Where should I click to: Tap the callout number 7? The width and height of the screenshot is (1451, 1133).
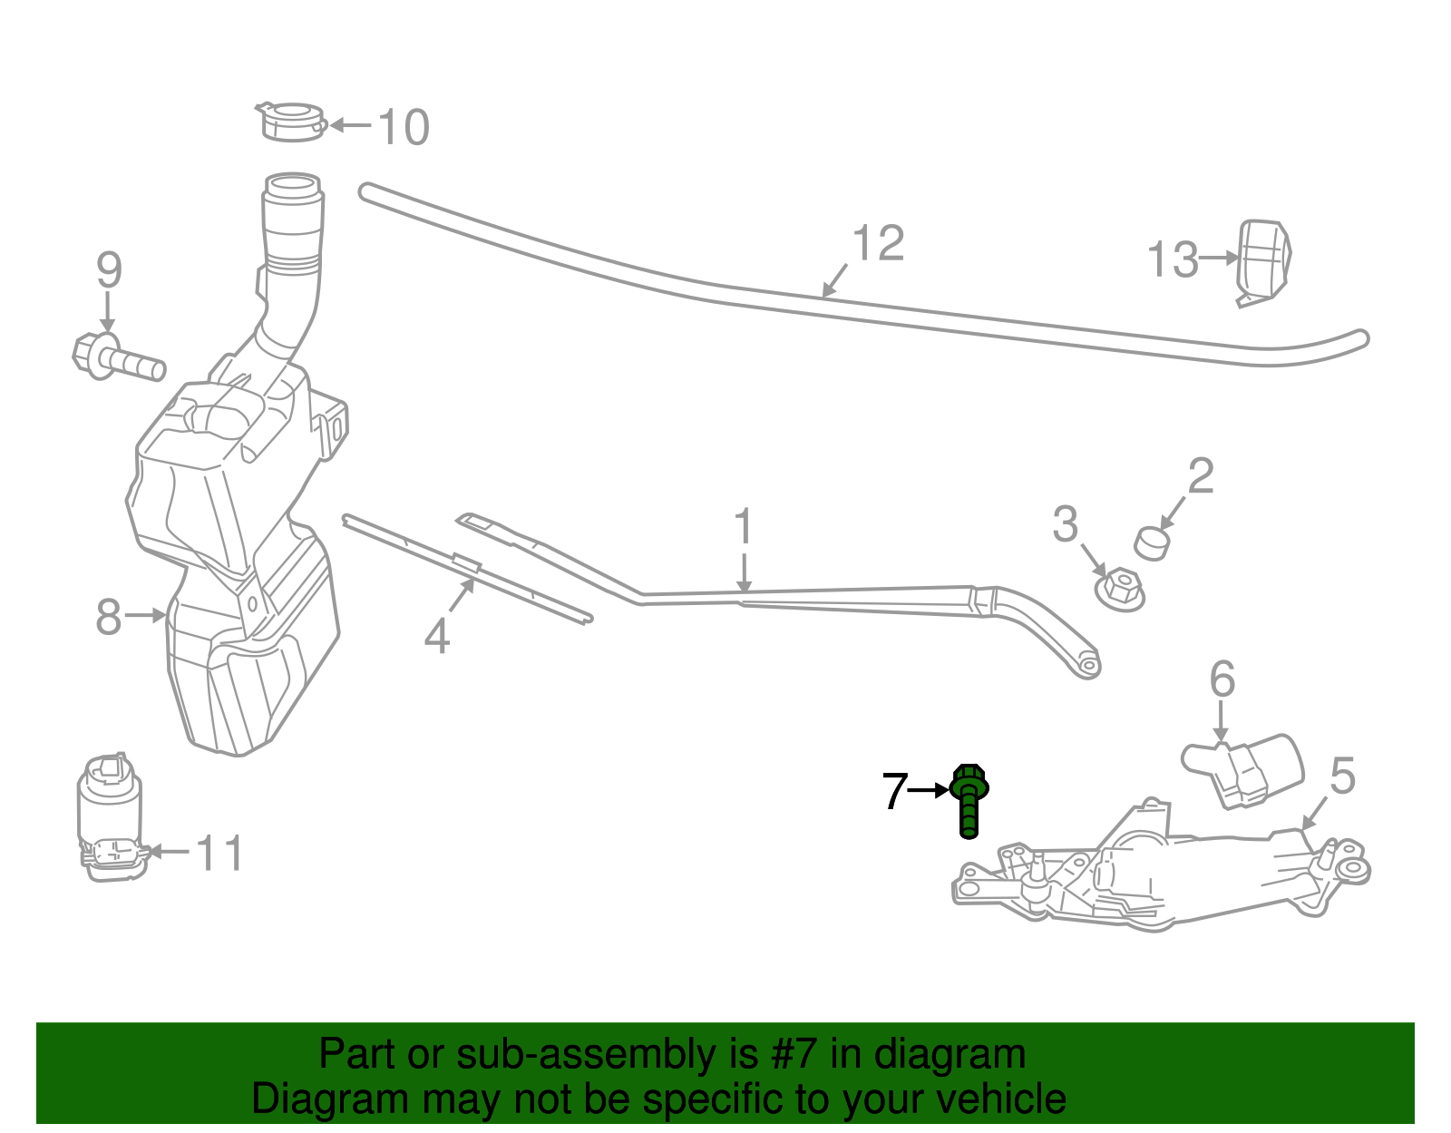(894, 792)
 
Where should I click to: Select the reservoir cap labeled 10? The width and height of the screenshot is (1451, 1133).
(289, 122)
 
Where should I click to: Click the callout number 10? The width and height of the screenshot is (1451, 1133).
(403, 128)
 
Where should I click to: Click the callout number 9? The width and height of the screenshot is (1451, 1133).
(109, 270)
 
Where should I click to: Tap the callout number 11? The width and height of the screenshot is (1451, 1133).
(220, 854)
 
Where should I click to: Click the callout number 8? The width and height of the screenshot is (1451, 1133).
(108, 618)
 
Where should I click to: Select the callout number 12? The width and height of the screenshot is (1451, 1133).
(878, 243)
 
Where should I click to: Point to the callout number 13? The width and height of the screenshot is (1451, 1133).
(1173, 260)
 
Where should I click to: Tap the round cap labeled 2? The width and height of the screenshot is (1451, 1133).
(1152, 543)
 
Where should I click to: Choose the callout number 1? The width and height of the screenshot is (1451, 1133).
(744, 527)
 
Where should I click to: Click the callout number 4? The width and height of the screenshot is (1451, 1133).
(437, 637)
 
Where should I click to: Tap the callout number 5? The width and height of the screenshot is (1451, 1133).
(1342, 777)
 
